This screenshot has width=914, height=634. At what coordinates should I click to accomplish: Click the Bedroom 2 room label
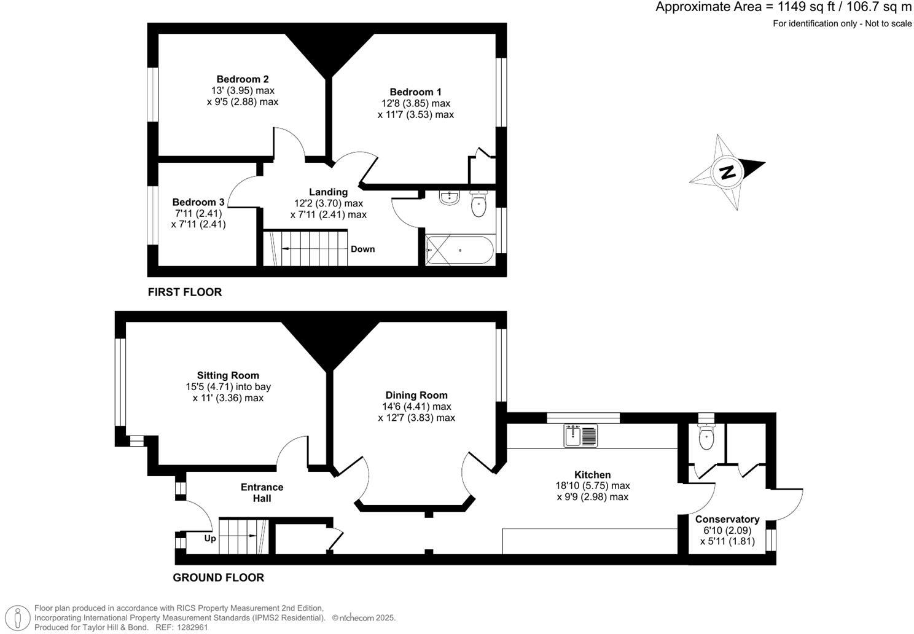pos(243,79)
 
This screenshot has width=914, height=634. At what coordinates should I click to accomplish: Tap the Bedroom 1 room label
pos(415,92)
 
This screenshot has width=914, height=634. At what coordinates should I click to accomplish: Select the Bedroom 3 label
pos(198,202)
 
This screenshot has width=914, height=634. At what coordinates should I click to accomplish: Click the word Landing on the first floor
pos(328,192)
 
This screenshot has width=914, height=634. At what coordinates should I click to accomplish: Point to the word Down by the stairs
pos(362,249)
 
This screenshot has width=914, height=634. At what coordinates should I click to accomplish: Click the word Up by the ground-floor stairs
pos(210,538)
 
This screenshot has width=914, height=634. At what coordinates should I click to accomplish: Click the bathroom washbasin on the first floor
pos(450,198)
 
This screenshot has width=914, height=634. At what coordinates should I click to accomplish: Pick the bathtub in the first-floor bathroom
pos(459,250)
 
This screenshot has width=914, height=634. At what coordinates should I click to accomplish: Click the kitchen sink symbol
pos(580,436)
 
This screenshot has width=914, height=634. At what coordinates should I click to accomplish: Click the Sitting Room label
pos(228,375)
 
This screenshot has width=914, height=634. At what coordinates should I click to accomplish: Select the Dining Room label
pos(416,395)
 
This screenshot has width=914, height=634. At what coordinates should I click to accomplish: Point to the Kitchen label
pos(592,474)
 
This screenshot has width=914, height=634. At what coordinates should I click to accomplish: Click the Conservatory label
pos(727,519)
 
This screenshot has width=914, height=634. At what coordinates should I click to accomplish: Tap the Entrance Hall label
pos(262,493)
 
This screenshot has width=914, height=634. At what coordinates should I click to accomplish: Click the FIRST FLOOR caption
pos(185,292)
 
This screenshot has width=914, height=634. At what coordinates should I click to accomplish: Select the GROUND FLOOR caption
pos(218,577)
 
